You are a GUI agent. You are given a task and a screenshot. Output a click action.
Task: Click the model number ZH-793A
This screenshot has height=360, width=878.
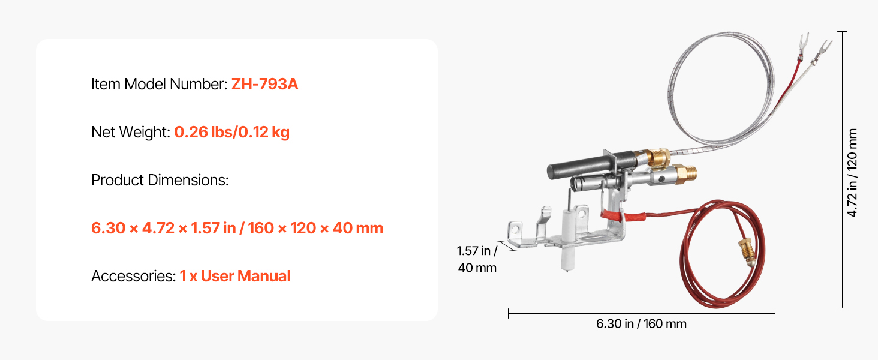pos(264,84)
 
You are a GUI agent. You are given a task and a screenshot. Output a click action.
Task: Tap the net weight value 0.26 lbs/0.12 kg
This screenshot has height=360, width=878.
pos(231,132)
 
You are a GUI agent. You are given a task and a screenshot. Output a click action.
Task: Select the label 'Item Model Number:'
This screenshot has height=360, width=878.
pos(159,84)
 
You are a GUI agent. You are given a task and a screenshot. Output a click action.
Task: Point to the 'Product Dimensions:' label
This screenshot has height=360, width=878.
pos(160,180)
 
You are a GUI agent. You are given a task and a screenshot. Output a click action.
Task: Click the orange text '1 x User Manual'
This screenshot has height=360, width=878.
pos(234,276)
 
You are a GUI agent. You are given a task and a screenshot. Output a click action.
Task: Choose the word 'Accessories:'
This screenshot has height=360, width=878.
pos(133,276)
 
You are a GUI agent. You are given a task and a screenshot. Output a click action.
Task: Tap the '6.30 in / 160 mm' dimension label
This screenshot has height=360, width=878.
pos(641,324)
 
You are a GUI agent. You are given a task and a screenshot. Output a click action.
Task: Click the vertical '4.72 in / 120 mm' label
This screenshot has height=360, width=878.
pos(852,173)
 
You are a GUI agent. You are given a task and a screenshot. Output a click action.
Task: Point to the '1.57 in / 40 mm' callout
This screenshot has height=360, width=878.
pos(477,259)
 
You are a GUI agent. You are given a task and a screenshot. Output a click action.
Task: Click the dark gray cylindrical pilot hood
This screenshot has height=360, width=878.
pos(579,167)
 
